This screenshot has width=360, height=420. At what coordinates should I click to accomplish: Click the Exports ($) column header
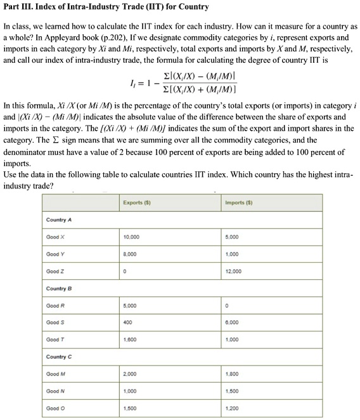134,202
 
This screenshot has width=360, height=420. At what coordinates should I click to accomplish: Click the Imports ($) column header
236,202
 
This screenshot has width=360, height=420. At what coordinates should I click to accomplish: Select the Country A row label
59,220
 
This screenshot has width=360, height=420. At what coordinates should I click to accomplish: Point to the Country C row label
59,357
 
